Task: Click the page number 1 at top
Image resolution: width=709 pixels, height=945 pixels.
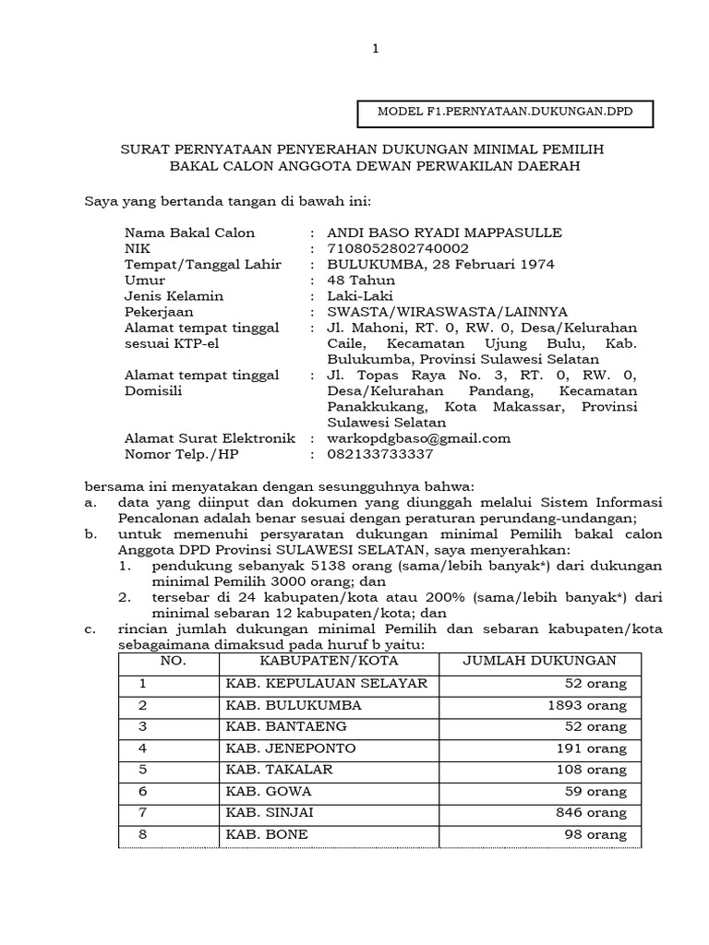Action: (375, 48)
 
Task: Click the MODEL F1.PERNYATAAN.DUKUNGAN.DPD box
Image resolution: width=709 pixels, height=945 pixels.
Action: (505, 113)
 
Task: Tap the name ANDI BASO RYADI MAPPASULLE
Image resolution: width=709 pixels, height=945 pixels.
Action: (444, 232)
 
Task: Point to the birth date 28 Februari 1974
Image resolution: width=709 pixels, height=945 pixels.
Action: (491, 264)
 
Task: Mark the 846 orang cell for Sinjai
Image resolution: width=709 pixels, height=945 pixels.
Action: (592, 812)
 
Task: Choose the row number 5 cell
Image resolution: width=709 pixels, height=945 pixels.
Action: (143, 769)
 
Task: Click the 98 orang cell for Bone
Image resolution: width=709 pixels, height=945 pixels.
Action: (595, 834)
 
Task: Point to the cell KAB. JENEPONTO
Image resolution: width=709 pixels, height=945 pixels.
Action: (290, 748)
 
